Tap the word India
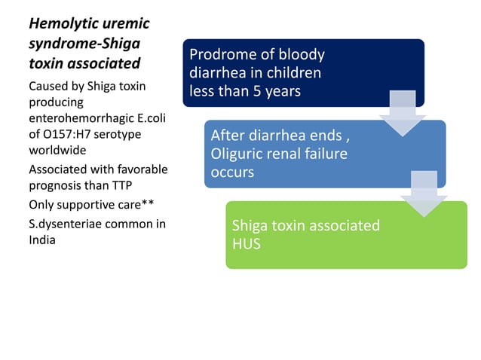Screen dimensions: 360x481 click(43, 240)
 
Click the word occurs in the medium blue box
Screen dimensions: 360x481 click(232, 173)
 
